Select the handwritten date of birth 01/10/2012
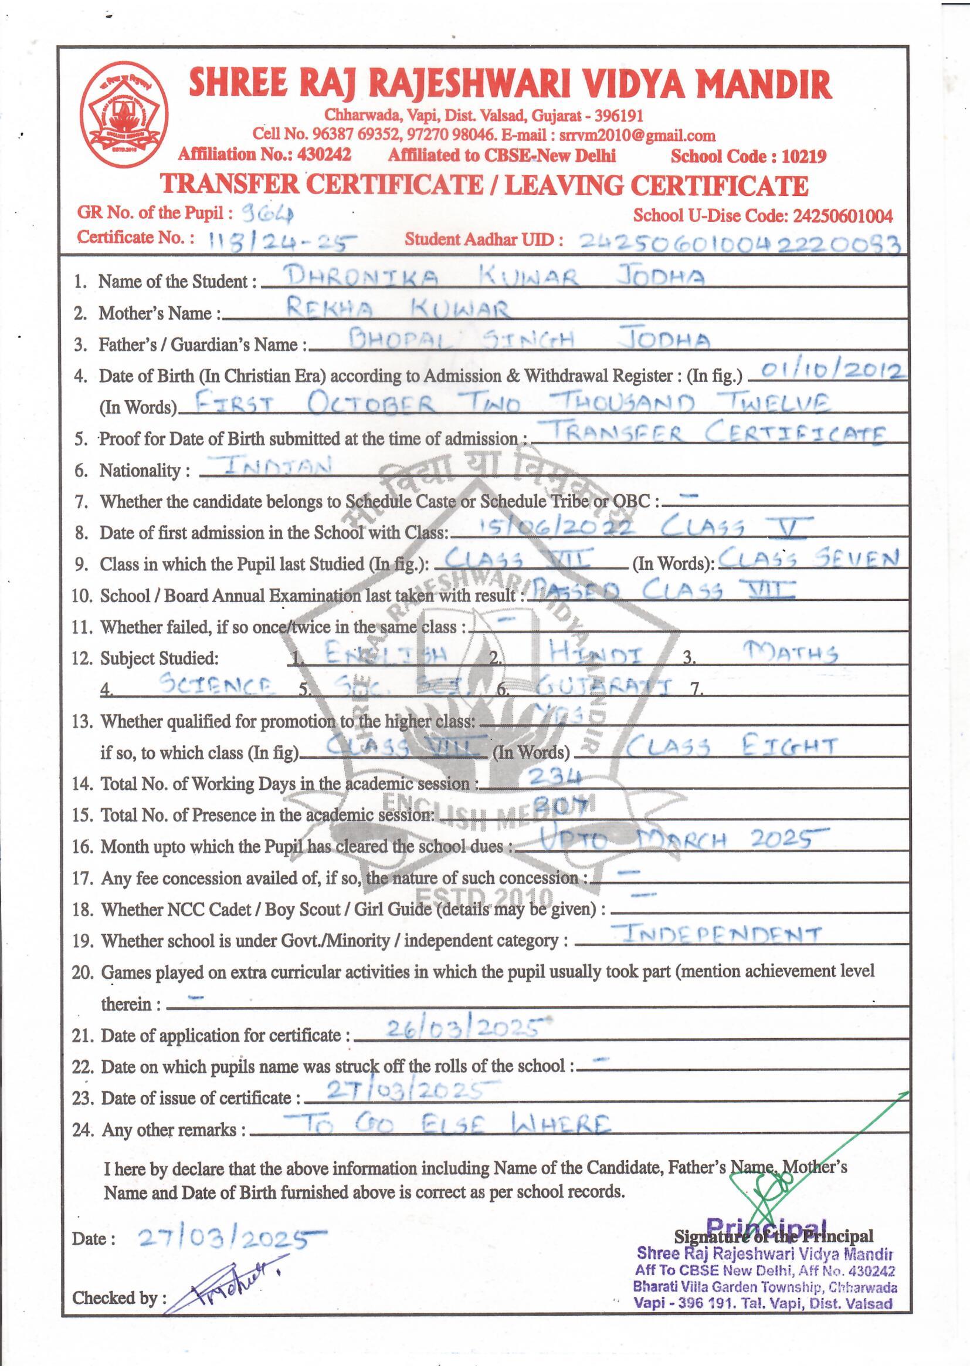(827, 371)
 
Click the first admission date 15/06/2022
(547, 526)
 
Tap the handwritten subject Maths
(788, 653)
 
